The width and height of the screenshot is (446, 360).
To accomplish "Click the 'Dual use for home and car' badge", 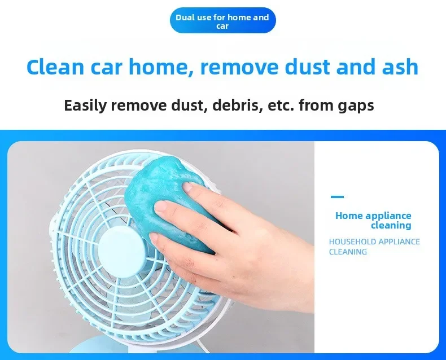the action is (222, 20).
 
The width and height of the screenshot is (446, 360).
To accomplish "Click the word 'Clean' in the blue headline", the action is (55, 67).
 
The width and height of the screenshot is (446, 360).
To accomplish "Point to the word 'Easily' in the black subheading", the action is (85, 105).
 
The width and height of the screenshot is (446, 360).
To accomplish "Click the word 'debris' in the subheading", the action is (237, 105).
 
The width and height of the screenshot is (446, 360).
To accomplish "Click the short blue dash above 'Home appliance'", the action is (338, 196).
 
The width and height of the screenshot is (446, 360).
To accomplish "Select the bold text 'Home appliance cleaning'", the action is (374, 221).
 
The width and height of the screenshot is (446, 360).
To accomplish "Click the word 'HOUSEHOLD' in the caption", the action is (352, 242).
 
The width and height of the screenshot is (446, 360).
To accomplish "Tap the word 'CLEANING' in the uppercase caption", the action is (348, 252).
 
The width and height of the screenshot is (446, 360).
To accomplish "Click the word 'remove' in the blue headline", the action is (240, 67).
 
